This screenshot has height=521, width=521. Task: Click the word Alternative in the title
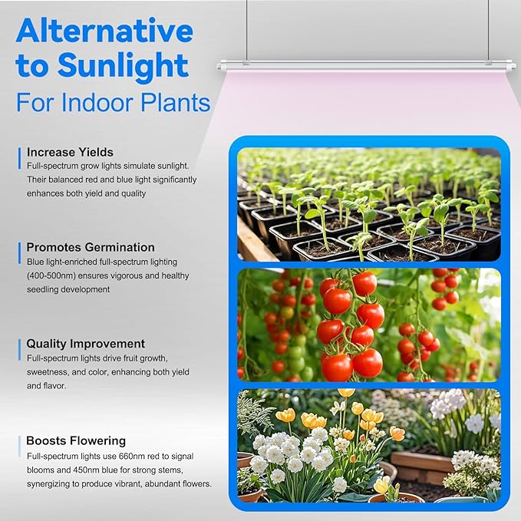(104, 31)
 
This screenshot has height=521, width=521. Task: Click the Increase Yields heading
(70, 152)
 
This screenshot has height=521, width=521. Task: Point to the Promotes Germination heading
(91, 247)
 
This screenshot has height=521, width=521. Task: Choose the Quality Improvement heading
(85, 344)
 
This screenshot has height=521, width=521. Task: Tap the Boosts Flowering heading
(76, 440)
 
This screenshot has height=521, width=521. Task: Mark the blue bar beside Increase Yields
(19, 158)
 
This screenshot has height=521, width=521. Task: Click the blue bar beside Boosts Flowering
(19, 447)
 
